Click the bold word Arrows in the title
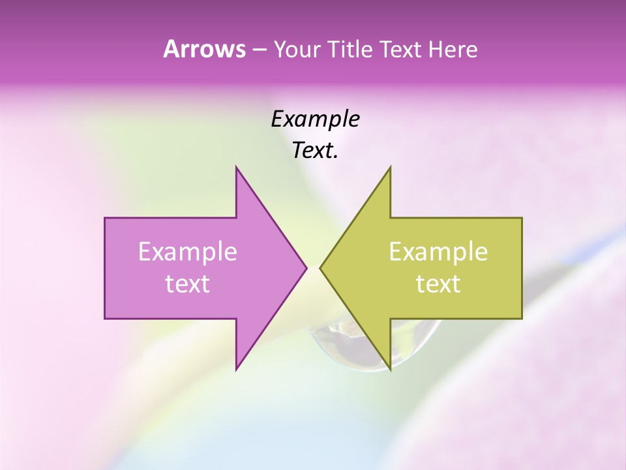click(x=203, y=49)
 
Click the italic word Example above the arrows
click(x=315, y=119)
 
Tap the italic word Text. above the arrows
click(x=312, y=151)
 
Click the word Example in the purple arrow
click(x=187, y=251)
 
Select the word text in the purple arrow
click(x=187, y=283)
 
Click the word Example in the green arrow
click(x=438, y=251)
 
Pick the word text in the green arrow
click(x=438, y=283)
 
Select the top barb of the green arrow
click(x=389, y=171)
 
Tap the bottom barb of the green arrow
click(x=389, y=366)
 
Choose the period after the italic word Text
click(x=336, y=157)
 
